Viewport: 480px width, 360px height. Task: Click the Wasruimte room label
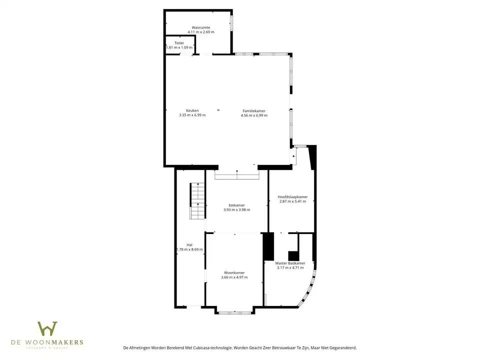201,27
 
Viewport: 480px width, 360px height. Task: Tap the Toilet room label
179,43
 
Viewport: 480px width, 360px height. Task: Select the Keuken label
192,110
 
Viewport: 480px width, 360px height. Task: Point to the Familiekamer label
254,110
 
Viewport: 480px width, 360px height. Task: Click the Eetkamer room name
236,205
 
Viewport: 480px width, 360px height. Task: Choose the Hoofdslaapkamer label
292,197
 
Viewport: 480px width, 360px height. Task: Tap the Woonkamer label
235,272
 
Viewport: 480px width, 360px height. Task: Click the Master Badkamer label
290,263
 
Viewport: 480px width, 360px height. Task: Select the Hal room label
189,244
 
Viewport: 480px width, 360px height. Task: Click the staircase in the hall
197,201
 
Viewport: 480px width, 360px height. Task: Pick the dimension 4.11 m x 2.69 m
201,32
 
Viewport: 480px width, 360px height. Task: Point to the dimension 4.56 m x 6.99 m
254,115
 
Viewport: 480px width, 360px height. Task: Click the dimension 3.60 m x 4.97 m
235,277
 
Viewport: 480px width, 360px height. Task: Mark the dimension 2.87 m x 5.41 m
292,201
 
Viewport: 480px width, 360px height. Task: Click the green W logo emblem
47,328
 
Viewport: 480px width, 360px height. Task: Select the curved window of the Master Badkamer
308,289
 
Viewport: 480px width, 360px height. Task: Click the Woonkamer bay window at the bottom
235,313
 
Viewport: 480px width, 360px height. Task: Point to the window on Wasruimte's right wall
231,23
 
